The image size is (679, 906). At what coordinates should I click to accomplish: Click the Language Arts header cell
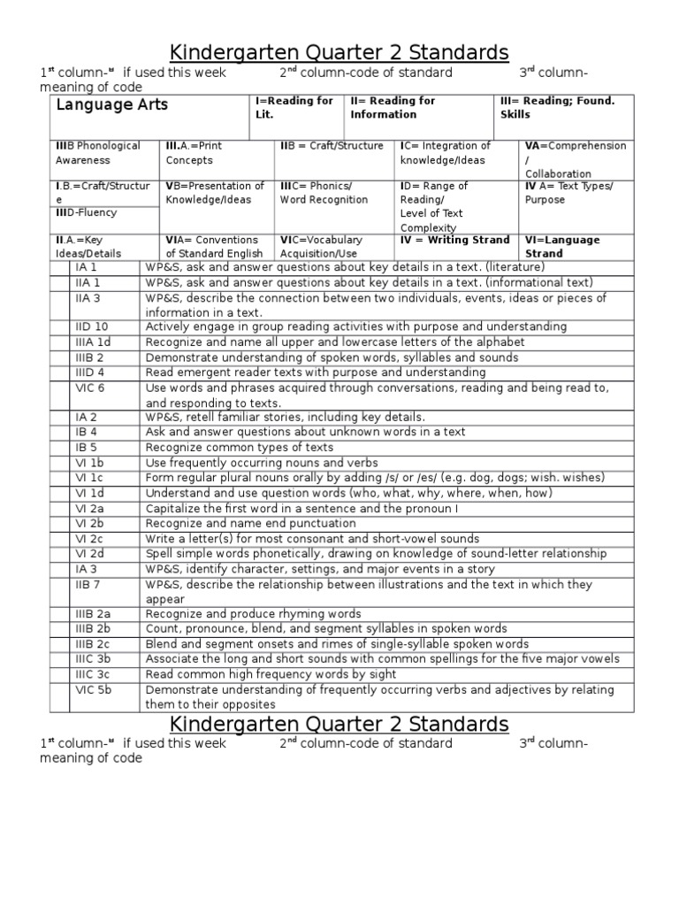tap(112, 105)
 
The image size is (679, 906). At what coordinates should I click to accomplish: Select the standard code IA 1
tap(87, 267)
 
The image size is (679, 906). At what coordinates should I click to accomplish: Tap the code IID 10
tap(92, 326)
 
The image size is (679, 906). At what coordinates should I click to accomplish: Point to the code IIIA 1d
tap(94, 342)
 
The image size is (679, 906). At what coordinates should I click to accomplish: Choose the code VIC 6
tap(90, 388)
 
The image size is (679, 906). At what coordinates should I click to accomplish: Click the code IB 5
tap(87, 448)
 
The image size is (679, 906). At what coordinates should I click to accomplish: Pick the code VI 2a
tap(90, 508)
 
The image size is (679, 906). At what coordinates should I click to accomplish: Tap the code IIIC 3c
tap(93, 674)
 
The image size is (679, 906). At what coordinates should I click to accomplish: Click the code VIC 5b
tap(92, 689)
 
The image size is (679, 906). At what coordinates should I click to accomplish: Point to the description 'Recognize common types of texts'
tap(240, 448)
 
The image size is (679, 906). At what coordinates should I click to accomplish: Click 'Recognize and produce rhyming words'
tap(254, 614)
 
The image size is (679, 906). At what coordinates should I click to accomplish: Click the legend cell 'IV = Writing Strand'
tap(454, 240)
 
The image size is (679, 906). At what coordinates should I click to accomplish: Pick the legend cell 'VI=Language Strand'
tap(562, 246)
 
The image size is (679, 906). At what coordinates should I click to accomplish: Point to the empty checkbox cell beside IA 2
tap(59, 418)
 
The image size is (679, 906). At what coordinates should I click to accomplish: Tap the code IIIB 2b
tap(93, 629)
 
